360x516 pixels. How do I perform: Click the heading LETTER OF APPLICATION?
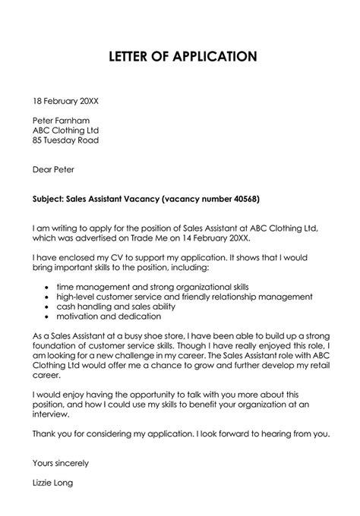click(180, 56)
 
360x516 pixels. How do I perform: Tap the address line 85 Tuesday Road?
click(65, 140)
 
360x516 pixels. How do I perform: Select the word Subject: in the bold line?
click(52, 199)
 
